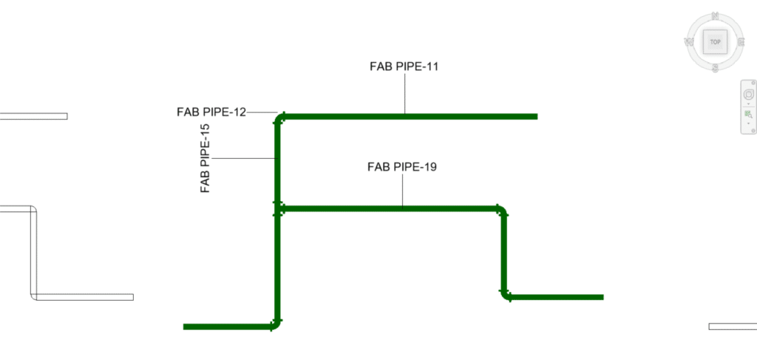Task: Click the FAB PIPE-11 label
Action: point(404,66)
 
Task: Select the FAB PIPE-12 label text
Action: point(211,112)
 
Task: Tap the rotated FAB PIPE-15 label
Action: point(206,158)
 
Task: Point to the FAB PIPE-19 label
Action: point(402,167)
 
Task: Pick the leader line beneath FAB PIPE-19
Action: point(403,191)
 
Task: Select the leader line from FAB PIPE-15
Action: point(243,158)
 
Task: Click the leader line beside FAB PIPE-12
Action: point(262,112)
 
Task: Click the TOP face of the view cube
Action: point(715,42)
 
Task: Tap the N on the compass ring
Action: point(715,16)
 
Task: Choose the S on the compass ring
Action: point(715,68)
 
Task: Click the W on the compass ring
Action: point(689,42)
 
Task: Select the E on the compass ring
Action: point(741,42)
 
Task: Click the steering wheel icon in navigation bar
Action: point(748,94)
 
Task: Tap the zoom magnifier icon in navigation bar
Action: point(748,115)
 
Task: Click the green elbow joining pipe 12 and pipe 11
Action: point(279,118)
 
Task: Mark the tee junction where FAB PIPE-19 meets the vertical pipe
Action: point(278,209)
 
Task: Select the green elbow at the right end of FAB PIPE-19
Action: point(502,211)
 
